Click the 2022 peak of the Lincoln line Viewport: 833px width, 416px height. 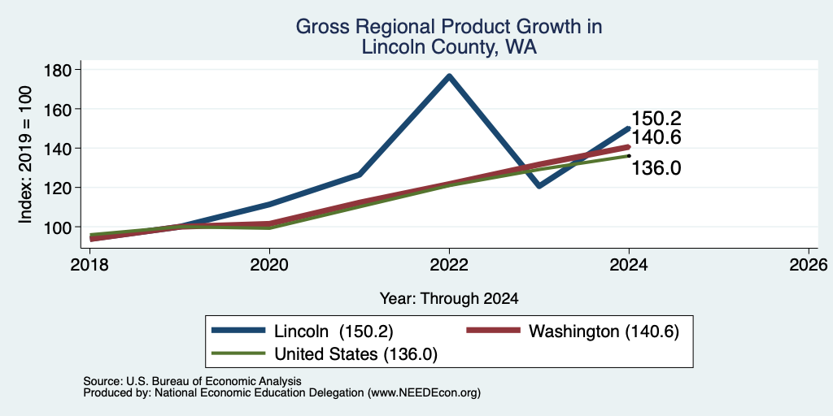[449, 76]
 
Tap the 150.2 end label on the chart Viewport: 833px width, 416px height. [656, 119]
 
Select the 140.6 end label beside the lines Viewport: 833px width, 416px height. [656, 137]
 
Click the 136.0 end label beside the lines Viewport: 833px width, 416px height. [656, 168]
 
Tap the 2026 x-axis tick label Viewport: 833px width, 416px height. [809, 265]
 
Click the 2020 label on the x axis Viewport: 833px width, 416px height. [269, 265]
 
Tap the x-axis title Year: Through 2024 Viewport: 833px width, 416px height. [449, 299]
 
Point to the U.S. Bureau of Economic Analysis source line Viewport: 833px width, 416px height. [192, 381]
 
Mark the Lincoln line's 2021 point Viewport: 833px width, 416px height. [360, 174]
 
